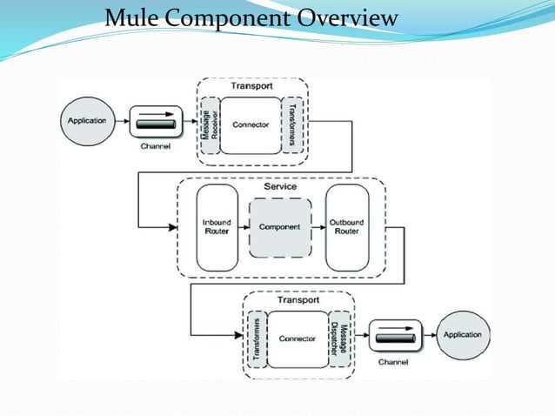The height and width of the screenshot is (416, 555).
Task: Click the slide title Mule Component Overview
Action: pos(251,17)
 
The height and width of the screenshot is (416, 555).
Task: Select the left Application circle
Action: pos(87,121)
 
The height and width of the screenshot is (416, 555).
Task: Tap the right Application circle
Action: pos(463,335)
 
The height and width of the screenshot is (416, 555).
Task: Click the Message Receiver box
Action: pos(209,124)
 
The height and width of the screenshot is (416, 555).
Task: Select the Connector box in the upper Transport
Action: pos(251,124)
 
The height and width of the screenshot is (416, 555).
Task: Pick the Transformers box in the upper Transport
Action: pos(293,124)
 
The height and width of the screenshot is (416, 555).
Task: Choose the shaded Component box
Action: pos(279,226)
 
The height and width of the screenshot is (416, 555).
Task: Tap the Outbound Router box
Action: pos(347,226)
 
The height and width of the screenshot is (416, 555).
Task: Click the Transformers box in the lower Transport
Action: pos(256,338)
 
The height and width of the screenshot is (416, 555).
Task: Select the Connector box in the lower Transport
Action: pos(298,338)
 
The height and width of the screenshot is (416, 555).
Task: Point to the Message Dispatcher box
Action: pos(340,338)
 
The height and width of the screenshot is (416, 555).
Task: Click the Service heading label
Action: pos(279,186)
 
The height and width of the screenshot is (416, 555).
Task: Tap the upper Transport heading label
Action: pos(251,86)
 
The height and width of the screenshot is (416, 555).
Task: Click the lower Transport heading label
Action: pos(298,299)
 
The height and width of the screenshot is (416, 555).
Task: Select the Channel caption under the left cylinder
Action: pos(155,146)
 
